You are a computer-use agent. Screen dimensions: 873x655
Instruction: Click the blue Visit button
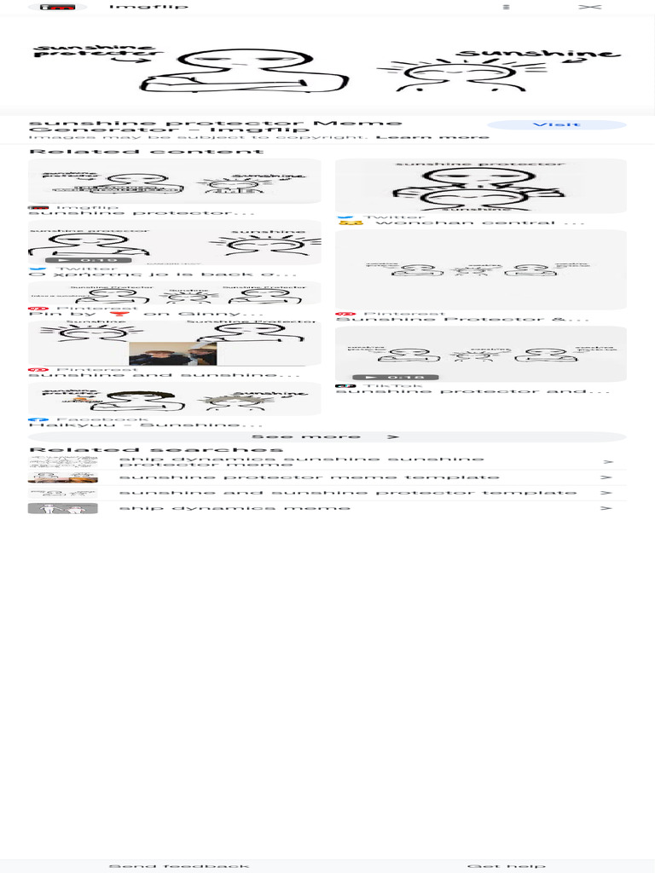[556, 125]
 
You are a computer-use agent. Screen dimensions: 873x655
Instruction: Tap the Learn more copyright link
[432, 136]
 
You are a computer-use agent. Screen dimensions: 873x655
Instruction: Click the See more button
[327, 436]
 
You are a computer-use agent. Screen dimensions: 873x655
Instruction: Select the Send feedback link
[179, 866]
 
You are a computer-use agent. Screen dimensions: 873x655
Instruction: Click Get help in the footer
[506, 866]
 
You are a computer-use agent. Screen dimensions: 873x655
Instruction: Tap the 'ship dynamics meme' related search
[235, 508]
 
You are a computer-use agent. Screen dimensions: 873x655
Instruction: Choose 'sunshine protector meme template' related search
[309, 477]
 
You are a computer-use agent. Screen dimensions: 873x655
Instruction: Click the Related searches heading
[156, 449]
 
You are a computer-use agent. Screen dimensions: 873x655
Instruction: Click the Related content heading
[147, 152]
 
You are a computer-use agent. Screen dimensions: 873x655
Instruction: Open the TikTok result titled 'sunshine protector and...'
[472, 391]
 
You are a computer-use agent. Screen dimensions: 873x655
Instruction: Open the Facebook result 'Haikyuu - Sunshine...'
[145, 425]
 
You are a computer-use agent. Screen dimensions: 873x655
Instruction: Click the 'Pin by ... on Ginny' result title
[163, 314]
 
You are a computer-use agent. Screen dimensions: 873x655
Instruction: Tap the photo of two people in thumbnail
[172, 353]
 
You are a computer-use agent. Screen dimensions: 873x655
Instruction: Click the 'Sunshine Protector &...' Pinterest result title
[462, 319]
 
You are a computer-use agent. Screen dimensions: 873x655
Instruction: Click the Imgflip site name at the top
[148, 7]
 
